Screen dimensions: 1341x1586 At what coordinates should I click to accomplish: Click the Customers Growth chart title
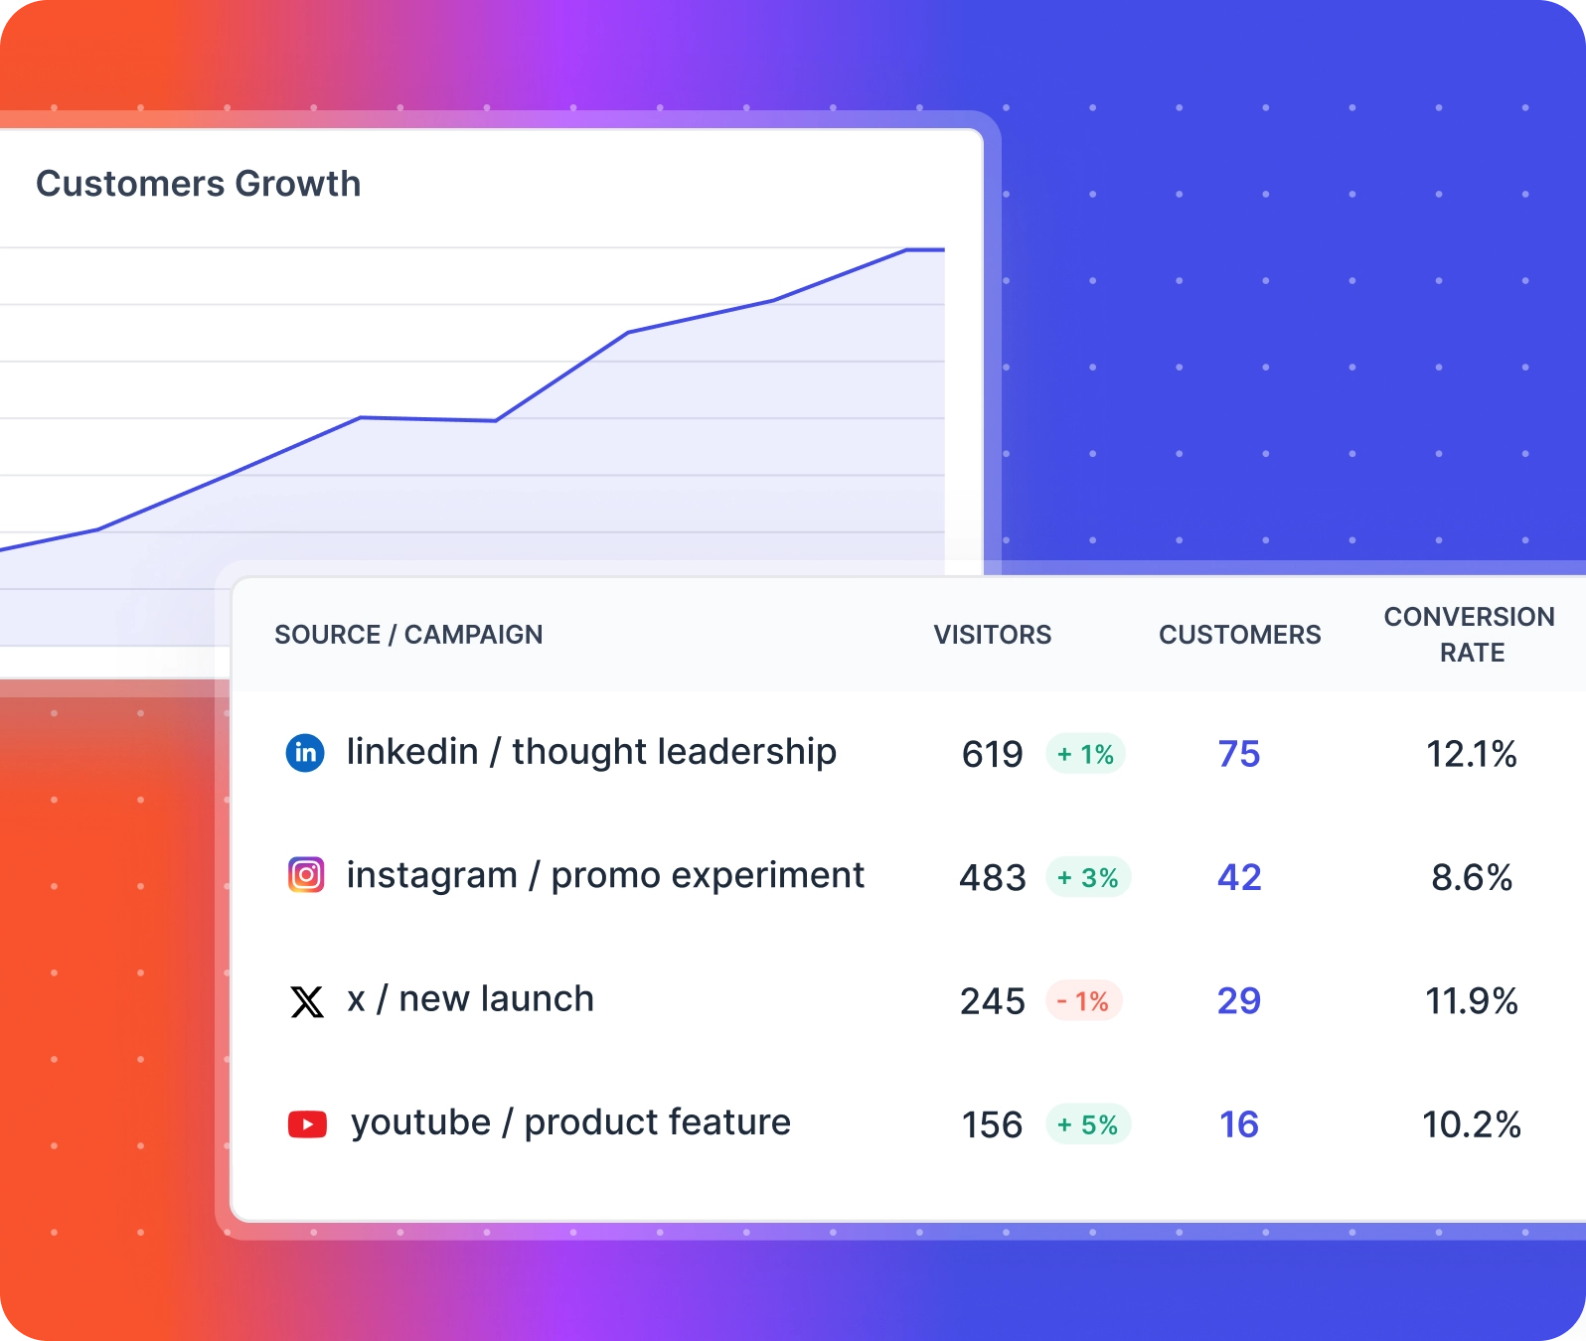tap(198, 184)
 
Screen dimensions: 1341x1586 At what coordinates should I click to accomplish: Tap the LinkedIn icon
tap(305, 753)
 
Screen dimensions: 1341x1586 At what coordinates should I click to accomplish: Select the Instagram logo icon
tap(306, 875)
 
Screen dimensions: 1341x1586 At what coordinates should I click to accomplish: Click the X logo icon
tap(307, 1001)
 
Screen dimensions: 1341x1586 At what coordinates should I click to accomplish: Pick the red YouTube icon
tap(307, 1124)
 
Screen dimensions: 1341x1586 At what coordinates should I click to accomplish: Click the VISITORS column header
tap(992, 635)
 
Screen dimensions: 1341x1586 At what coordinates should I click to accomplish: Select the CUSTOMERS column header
tap(1239, 635)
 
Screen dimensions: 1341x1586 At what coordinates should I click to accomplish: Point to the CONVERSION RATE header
tap(1470, 634)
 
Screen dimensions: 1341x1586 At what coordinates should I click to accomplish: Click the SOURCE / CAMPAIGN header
tap(408, 635)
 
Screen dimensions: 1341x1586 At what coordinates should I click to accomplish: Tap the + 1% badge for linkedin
tap(1085, 754)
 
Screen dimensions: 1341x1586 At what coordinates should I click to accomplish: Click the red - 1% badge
tap(1083, 1001)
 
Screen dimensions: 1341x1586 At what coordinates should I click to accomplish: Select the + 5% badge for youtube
tap(1088, 1124)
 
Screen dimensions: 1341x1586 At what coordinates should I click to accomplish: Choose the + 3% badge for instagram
tap(1088, 877)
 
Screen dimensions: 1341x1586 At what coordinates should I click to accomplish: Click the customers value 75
tap(1239, 754)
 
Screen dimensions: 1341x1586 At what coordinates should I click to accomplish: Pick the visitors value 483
tap(992, 877)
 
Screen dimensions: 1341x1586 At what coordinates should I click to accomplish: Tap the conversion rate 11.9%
tap(1471, 1001)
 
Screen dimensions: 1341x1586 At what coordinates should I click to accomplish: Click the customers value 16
tap(1239, 1124)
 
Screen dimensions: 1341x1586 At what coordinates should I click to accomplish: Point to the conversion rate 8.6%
tap(1471, 877)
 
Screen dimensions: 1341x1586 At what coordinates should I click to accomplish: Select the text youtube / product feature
tap(570, 1122)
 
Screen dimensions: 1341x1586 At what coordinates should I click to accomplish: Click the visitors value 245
tap(992, 1001)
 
